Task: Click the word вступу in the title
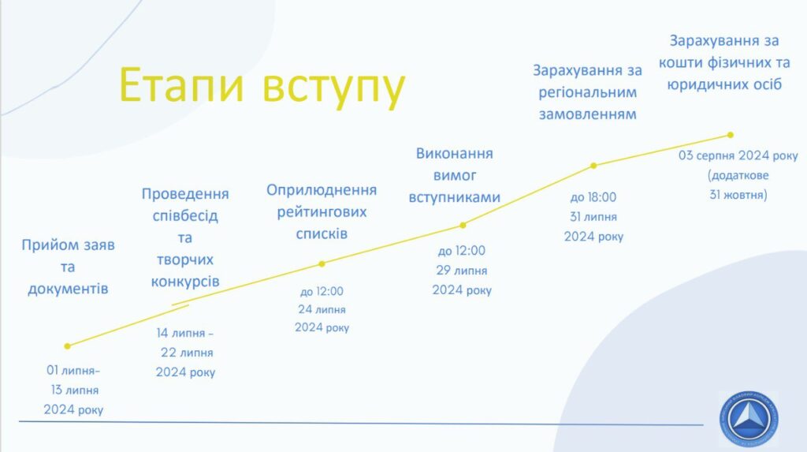[x=334, y=88]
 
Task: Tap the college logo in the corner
[x=749, y=419]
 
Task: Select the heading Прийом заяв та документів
[x=68, y=267]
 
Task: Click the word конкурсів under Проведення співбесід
[x=185, y=282]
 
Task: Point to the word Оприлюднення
[x=322, y=190]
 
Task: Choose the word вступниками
[x=455, y=197]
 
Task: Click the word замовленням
[x=587, y=114]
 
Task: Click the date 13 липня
[x=75, y=390]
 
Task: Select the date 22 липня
[x=187, y=353]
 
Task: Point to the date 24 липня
[x=322, y=309]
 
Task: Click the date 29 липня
[x=462, y=270]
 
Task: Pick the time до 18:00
[x=593, y=197]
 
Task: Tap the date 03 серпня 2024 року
[x=738, y=155]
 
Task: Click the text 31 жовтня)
[x=738, y=195]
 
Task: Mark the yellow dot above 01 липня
[x=68, y=346]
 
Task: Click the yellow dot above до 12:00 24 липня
[x=322, y=264]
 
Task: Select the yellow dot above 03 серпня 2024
[x=731, y=135]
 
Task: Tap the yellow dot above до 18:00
[x=593, y=166]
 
